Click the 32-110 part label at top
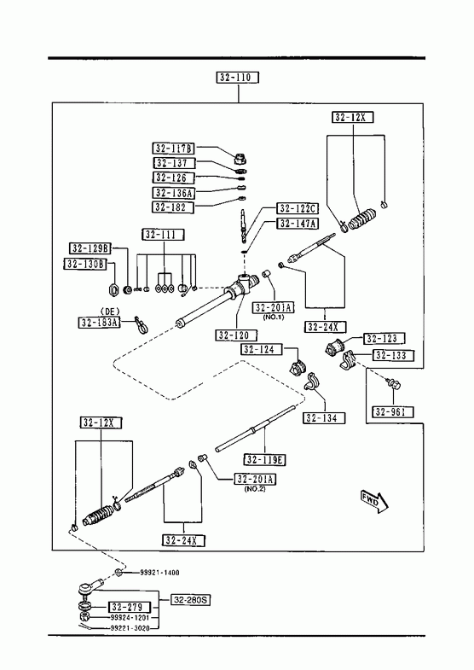point(238,78)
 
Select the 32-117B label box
point(173,149)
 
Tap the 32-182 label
point(173,207)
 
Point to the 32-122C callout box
point(298,208)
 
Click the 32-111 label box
point(164,234)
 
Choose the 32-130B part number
point(85,264)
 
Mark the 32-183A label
point(100,322)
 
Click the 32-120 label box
point(237,335)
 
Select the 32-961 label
point(393,411)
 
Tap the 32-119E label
point(265,460)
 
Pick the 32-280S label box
point(191,600)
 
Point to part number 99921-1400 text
point(159,573)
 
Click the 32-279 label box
point(130,607)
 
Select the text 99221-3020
point(130,627)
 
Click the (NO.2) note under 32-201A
point(255,489)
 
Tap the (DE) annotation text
point(110,312)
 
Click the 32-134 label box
point(324,418)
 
